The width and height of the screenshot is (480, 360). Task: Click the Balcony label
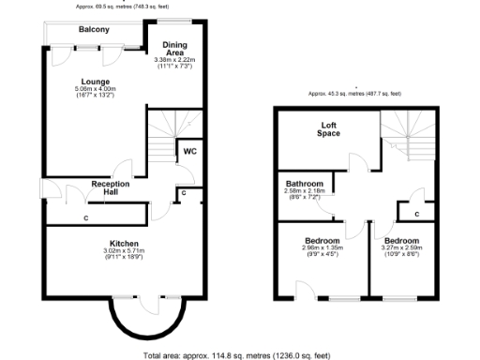94,30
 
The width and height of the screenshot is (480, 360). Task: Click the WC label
189,150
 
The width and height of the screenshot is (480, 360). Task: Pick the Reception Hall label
110,188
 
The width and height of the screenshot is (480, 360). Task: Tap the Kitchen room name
124,243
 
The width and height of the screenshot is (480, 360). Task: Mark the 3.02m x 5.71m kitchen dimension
124,251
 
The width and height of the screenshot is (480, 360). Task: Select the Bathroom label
305,184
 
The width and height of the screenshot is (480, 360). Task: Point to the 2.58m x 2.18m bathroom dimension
305,191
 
